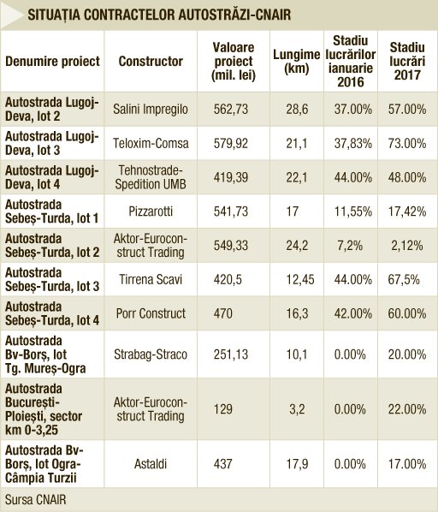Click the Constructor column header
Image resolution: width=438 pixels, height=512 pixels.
[x=151, y=62]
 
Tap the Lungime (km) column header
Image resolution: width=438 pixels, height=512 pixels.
[x=297, y=62]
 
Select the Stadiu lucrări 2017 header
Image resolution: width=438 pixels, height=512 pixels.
[x=407, y=62]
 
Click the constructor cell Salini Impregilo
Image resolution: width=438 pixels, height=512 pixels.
[x=151, y=109]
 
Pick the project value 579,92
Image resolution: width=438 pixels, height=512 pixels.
[x=231, y=143]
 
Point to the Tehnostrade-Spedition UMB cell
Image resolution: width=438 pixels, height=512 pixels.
[x=151, y=177]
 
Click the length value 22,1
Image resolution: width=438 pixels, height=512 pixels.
[x=297, y=177]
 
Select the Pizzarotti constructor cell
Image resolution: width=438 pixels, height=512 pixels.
[x=151, y=211]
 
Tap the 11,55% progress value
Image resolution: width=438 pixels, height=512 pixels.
[x=353, y=211]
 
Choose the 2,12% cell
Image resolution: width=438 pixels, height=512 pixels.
[x=407, y=246]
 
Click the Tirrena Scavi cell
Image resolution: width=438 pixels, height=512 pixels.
[x=151, y=279]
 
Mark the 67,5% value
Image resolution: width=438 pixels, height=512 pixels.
[x=404, y=279]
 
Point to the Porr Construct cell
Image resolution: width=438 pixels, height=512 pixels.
[x=151, y=313]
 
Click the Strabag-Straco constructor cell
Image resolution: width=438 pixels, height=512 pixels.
[x=151, y=354]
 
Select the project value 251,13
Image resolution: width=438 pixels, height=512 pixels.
[x=231, y=354]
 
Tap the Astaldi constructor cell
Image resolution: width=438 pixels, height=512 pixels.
[x=151, y=464]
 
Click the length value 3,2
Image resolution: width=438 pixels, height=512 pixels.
[x=297, y=409]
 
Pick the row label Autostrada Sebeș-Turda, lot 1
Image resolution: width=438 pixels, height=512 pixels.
[x=52, y=211]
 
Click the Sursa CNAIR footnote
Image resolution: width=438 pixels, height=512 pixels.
[x=36, y=500]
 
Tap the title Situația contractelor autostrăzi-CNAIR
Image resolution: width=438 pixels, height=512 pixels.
[x=159, y=15]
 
